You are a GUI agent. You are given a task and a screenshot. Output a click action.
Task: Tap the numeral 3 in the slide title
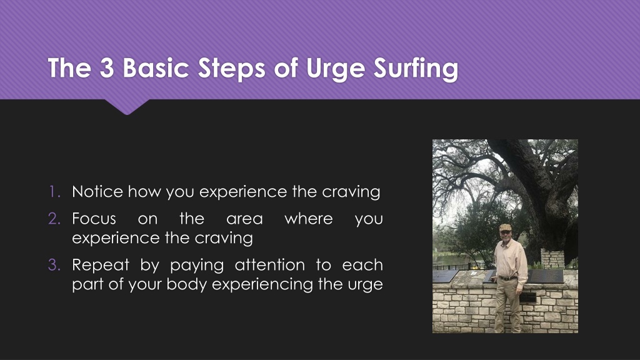point(106,67)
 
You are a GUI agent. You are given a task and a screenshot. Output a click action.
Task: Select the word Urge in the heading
point(335,69)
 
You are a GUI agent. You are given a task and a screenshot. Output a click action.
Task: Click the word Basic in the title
point(156,67)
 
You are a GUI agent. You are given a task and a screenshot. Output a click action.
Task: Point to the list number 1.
point(54,191)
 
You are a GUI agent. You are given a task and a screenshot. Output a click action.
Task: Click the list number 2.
point(54,218)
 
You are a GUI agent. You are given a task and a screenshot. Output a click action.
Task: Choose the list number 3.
point(54,265)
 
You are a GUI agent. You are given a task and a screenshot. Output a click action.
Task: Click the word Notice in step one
point(97,191)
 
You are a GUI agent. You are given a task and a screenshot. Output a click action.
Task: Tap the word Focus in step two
point(94,218)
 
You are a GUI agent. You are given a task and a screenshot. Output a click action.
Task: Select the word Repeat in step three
point(101,265)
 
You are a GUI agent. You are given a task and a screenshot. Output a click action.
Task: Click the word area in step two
point(244,219)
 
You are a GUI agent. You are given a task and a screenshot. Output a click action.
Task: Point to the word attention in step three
point(270,265)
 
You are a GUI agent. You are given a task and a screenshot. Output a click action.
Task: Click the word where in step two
point(309,218)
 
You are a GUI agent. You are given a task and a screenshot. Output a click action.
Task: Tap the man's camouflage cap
point(505,227)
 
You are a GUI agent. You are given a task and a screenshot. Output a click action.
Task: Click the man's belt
point(507,278)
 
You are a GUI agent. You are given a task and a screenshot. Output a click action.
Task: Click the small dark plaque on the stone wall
point(527,297)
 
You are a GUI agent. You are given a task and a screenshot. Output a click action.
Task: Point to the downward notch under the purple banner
point(127,107)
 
